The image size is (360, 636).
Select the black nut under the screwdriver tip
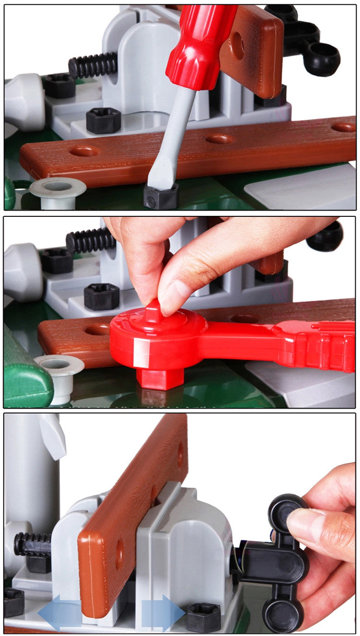[x=161, y=197]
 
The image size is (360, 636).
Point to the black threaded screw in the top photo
[x=93, y=65]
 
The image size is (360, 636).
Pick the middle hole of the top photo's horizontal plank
[x=219, y=139]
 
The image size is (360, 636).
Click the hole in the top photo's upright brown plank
[x=238, y=46]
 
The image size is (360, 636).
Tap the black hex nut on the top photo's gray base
[x=103, y=120]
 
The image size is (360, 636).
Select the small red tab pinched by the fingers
[x=153, y=311]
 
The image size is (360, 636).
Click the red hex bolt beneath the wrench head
[x=160, y=377]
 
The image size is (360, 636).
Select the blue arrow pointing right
[x=163, y=612]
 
